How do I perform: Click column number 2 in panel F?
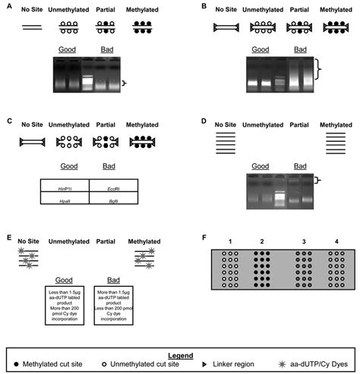coord(259,241)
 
